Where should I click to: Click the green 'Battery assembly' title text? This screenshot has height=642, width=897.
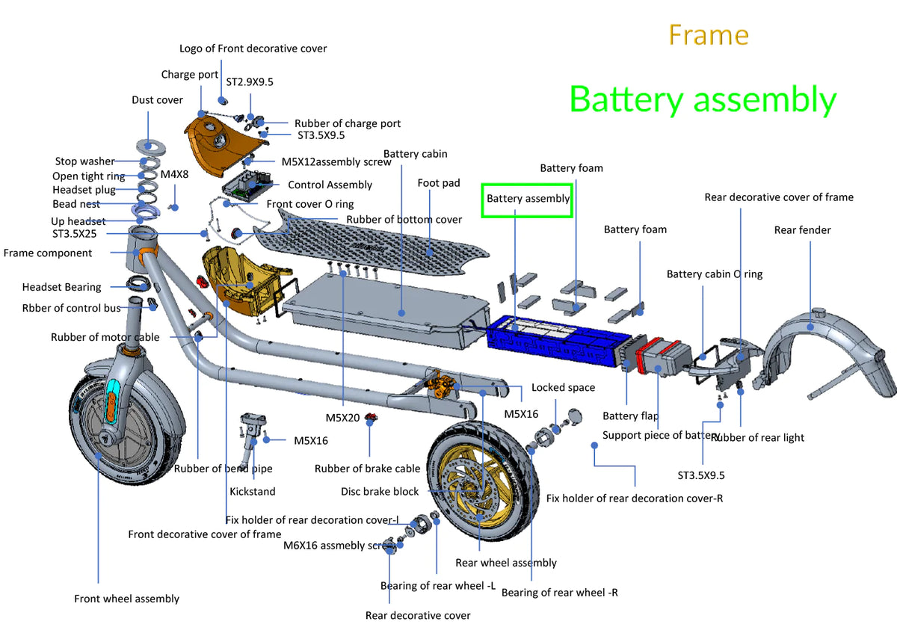point(703,100)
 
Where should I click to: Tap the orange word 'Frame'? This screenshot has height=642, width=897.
point(708,35)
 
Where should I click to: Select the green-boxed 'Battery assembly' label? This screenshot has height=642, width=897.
point(528,199)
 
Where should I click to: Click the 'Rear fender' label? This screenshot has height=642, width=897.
point(802,230)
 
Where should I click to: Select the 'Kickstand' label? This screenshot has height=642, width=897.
point(252,492)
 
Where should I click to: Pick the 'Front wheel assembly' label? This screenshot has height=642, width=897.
point(127,599)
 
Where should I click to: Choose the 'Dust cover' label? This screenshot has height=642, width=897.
point(157,100)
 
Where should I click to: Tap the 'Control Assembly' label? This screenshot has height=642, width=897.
point(330,185)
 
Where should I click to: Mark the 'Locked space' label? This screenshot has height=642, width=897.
point(563,387)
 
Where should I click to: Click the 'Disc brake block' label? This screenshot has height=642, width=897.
point(380,492)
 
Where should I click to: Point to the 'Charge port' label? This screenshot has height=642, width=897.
point(190,75)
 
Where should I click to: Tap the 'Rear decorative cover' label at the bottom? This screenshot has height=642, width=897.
point(418,616)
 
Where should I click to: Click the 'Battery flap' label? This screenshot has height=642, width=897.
point(630,416)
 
